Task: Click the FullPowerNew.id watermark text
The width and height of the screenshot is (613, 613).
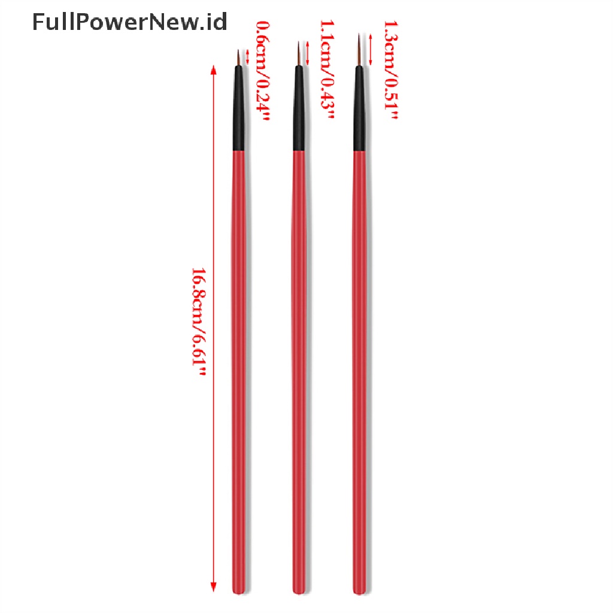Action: (129, 23)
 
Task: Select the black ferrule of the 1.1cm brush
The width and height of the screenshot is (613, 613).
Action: (299, 111)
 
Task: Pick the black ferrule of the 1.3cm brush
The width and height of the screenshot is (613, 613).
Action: (359, 111)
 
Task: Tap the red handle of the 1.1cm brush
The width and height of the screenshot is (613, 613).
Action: (299, 359)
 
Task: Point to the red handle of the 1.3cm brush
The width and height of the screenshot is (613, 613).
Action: (359, 359)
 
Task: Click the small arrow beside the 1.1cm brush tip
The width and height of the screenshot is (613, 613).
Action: (308, 53)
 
